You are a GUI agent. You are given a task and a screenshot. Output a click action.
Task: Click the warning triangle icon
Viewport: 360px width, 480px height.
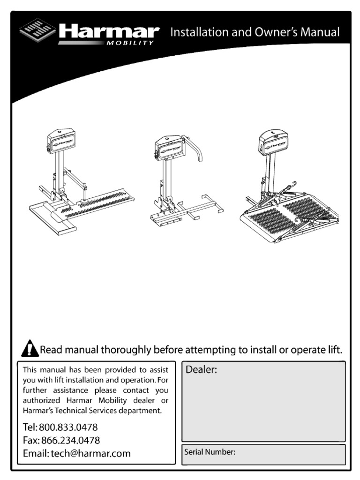pyautogui.click(x=30, y=349)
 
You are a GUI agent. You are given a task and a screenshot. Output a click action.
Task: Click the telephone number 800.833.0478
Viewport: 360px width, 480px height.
pyautogui.click(x=68, y=428)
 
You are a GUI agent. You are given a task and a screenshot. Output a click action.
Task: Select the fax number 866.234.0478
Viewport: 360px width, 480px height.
pyautogui.click(x=70, y=441)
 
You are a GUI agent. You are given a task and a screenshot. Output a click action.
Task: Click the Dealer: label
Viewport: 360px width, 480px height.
pyautogui.click(x=202, y=370)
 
